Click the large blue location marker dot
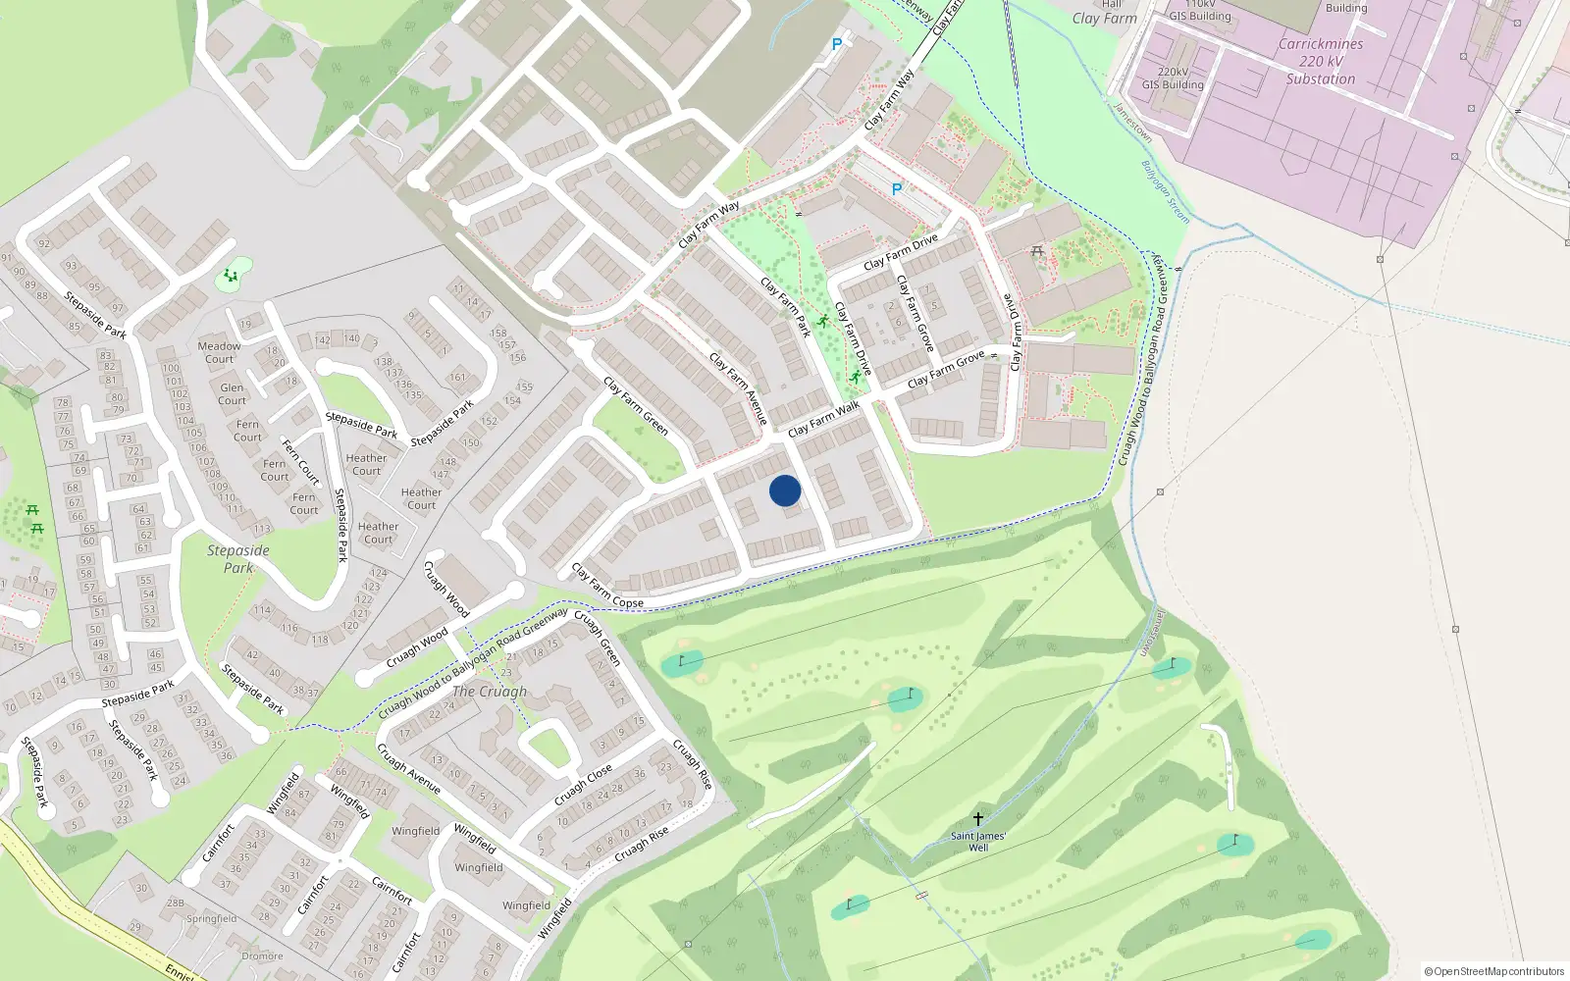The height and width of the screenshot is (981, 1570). tap(785, 490)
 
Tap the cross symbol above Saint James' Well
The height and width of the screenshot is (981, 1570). tap(977, 818)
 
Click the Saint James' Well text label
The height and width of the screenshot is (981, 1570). tap(978, 842)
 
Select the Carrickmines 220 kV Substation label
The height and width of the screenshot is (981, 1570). tap(1321, 62)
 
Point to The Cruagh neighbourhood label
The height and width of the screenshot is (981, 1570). tap(490, 692)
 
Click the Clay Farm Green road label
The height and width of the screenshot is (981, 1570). tap(636, 406)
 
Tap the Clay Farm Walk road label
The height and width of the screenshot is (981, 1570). tap(823, 418)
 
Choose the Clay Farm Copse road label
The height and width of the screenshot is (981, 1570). tap(607, 586)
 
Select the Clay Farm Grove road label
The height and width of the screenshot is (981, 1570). tap(946, 369)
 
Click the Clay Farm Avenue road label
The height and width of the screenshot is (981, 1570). tap(738, 389)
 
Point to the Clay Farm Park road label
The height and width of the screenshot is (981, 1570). tap(786, 307)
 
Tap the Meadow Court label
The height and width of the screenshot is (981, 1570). tap(219, 352)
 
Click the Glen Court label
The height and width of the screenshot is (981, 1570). tap(233, 393)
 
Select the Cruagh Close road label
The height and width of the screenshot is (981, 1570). tap(583, 784)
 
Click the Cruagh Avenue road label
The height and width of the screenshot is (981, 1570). tap(409, 769)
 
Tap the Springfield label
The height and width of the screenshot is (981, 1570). tap(211, 919)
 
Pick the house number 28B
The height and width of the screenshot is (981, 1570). tap(175, 903)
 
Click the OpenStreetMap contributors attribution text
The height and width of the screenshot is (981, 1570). tap(1494, 971)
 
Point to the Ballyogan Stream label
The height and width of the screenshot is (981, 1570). tap(1166, 192)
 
